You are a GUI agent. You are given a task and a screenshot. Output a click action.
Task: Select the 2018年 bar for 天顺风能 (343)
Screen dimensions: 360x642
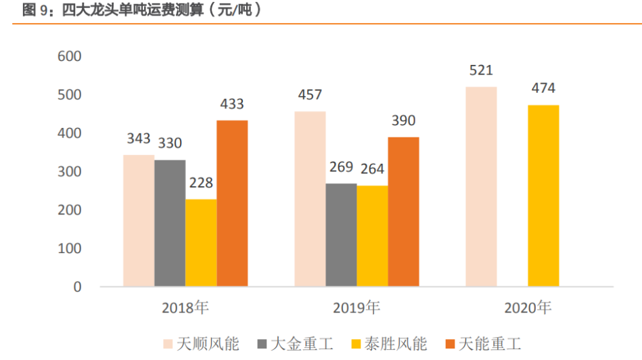tap(139, 221)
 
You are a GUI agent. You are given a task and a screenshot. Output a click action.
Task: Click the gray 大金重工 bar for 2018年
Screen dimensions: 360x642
tap(170, 223)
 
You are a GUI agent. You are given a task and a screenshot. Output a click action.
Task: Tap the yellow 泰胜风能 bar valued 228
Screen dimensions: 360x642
tap(201, 243)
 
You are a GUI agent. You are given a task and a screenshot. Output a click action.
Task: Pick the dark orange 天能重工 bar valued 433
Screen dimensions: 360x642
tap(232, 204)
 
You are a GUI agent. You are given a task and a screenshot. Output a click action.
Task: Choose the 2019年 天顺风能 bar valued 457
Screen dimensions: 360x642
tap(310, 199)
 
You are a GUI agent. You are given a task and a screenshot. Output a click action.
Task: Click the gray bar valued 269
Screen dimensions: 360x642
tap(341, 235)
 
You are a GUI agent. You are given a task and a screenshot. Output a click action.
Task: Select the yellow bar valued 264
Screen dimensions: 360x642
tap(372, 236)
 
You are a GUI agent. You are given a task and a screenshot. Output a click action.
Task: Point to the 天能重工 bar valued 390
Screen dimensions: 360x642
tap(403, 212)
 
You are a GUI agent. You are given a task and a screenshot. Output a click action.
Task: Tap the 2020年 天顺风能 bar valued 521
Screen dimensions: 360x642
tap(481, 187)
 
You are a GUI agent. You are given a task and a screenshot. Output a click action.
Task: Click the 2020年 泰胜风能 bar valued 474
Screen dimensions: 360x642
tap(543, 196)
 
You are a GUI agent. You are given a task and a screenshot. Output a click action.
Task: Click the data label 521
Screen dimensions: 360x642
tap(481, 70)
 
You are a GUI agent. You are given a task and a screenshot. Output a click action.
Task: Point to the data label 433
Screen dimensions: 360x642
tap(232, 104)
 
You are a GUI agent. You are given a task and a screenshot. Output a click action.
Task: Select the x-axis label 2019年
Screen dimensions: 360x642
tap(357, 308)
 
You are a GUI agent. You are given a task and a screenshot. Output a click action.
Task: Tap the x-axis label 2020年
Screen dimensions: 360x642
tap(528, 308)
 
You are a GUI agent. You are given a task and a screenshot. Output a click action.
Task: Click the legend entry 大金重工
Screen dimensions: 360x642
tap(293, 344)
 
